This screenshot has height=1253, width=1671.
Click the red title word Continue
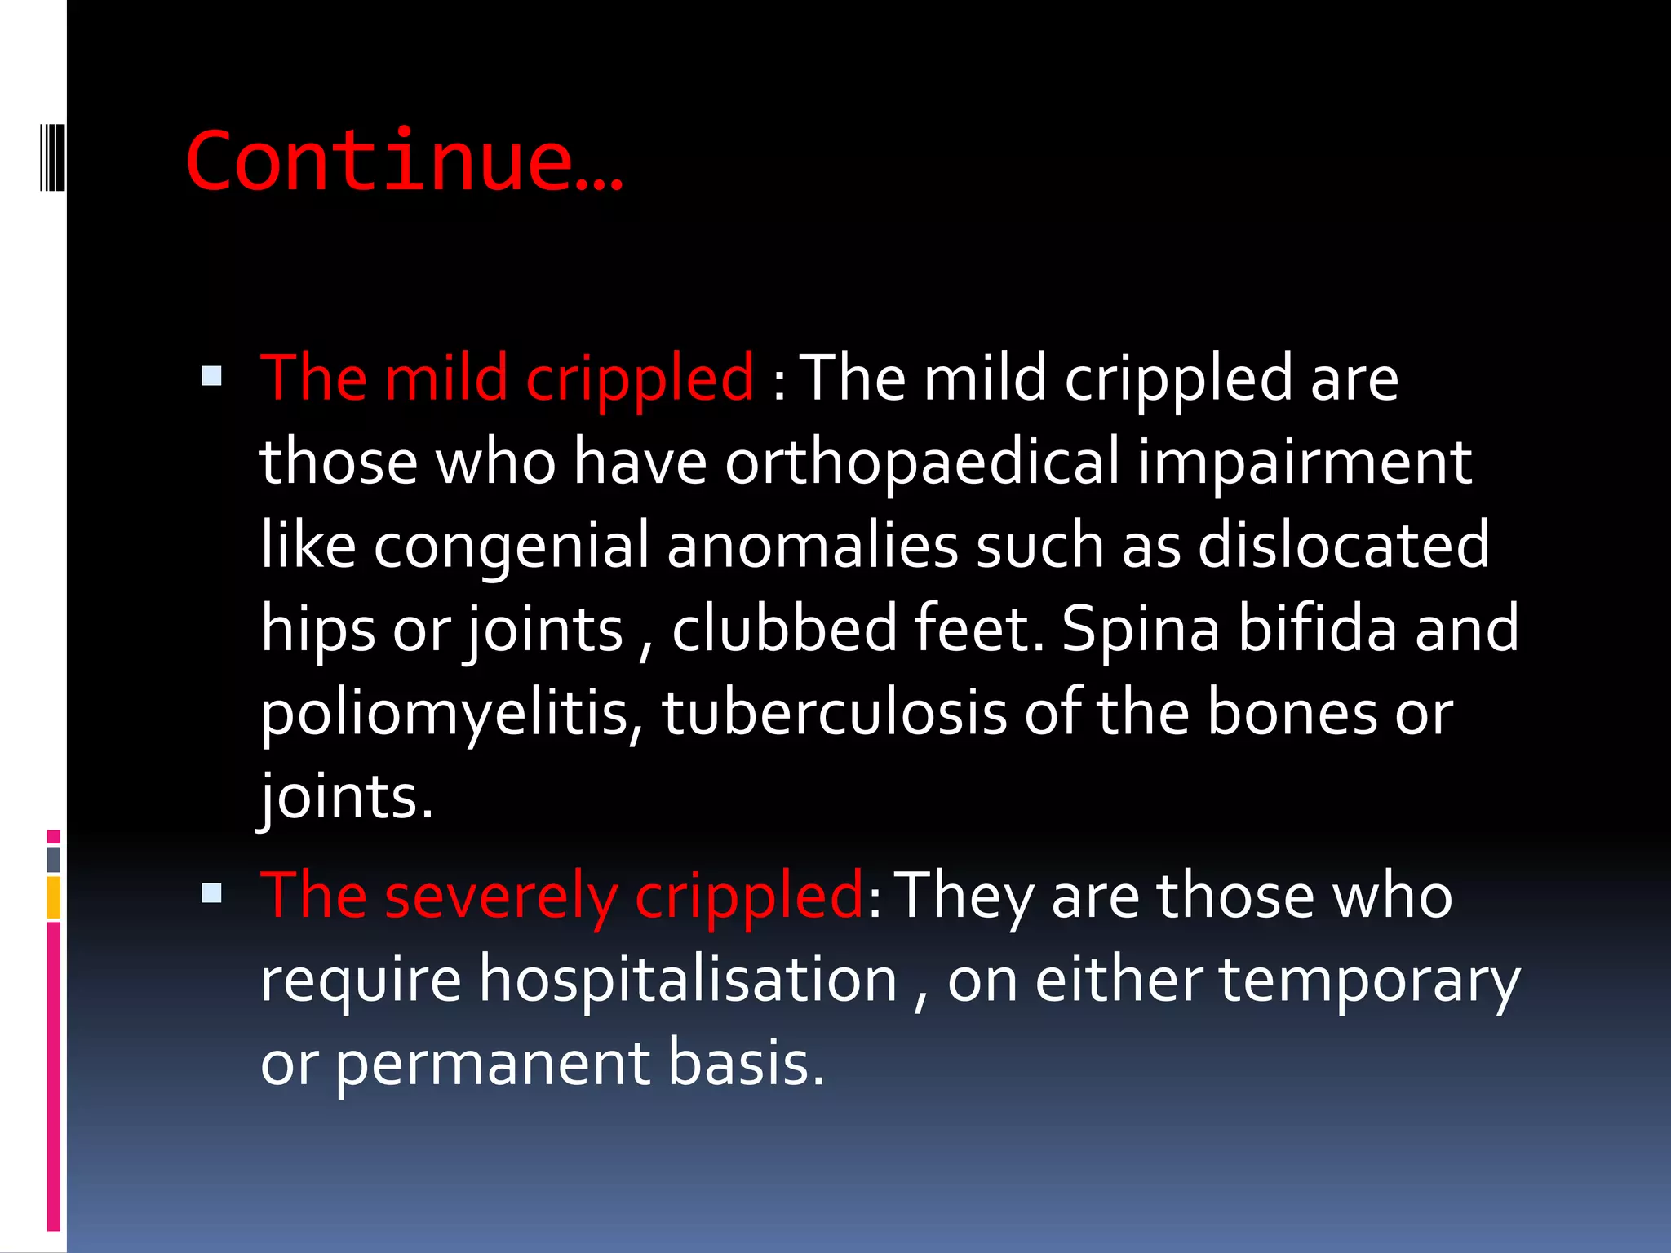404,161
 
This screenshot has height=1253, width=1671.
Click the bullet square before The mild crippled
211,376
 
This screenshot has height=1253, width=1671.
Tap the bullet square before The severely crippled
211,893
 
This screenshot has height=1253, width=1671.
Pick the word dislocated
1343,545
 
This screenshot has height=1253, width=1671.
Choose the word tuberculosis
834,712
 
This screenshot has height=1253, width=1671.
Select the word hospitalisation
688,980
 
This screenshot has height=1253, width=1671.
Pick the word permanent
493,1064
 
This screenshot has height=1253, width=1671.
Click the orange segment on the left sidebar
54,897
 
